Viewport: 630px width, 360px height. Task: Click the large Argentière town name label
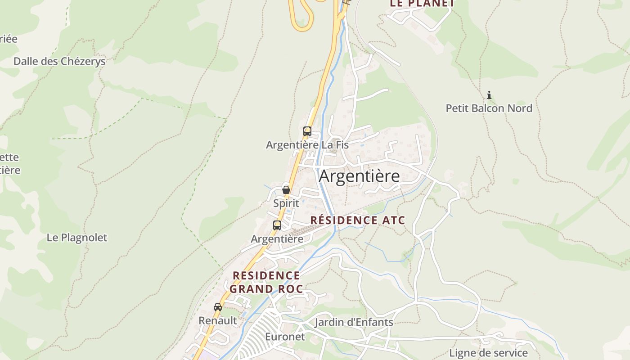point(359,176)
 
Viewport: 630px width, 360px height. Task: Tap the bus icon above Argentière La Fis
point(307,131)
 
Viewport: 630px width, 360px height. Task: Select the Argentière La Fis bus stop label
point(307,145)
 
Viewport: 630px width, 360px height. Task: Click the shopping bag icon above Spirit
point(286,190)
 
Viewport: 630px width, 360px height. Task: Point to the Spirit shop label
point(286,203)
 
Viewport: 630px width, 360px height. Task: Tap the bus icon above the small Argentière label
point(277,225)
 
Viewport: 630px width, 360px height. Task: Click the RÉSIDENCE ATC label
point(358,220)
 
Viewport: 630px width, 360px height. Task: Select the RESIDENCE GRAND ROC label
point(266,282)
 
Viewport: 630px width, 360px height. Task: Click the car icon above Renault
point(218,307)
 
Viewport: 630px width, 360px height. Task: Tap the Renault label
point(218,320)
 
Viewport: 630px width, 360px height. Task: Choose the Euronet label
point(285,337)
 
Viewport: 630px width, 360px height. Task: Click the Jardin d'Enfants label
point(354,322)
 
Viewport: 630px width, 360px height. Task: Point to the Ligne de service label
point(488,353)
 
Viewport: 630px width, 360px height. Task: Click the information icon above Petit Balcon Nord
point(489,95)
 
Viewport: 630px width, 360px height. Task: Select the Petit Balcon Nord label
point(489,108)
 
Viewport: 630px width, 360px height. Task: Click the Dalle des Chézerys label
point(59,61)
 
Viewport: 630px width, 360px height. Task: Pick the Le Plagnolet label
point(77,238)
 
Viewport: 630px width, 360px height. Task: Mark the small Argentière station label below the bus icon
point(277,239)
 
